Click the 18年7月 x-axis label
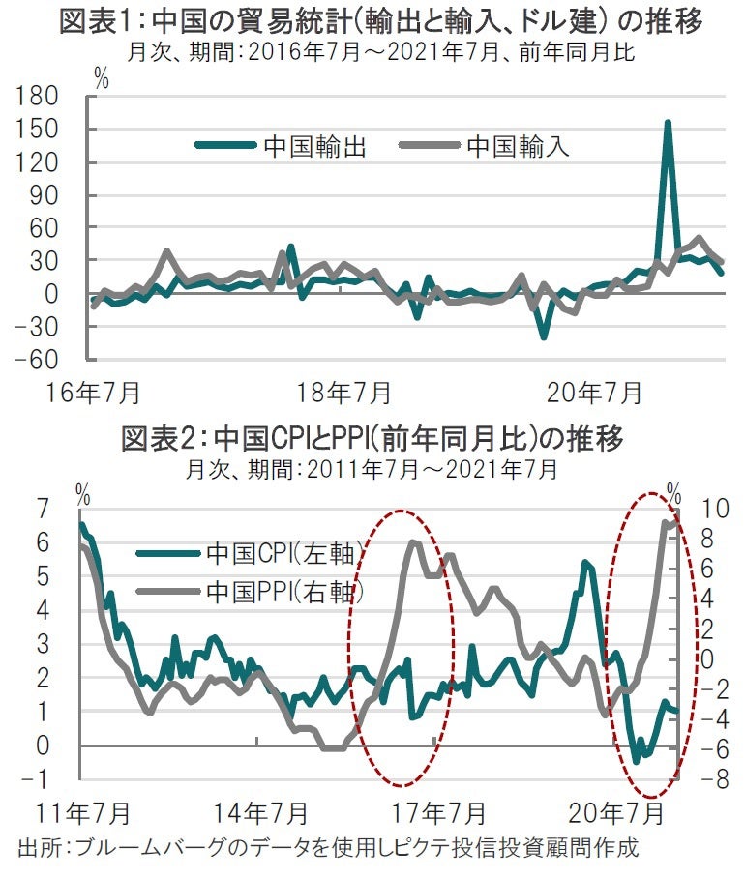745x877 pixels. pyautogui.click(x=344, y=394)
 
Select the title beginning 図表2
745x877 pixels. pyautogui.click(x=372, y=440)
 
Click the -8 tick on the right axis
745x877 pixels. pyautogui.click(x=712, y=779)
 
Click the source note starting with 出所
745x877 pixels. pyautogui.click(x=329, y=850)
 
